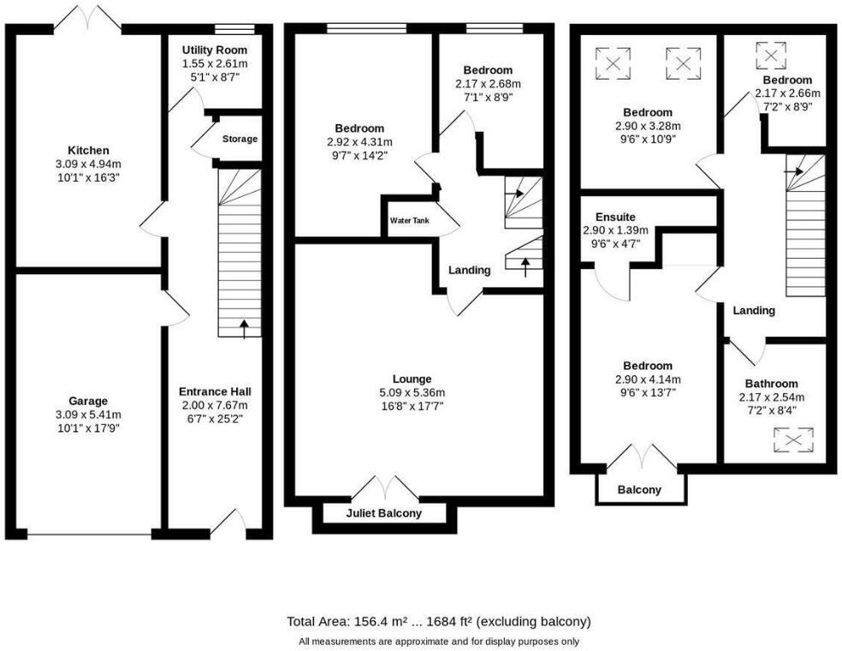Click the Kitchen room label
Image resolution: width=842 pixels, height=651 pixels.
coord(89,151)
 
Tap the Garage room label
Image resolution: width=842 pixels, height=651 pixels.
coord(89,401)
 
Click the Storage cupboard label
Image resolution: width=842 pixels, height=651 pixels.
coord(240,139)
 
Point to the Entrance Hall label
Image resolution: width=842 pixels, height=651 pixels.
coord(215,391)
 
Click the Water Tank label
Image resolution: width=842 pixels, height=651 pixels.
coord(410,221)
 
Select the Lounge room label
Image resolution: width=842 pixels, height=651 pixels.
coord(412,379)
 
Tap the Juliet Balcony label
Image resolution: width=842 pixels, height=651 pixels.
coord(384,514)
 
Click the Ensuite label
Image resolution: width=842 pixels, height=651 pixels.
coord(616,217)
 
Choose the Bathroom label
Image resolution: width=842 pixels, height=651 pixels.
coord(771,384)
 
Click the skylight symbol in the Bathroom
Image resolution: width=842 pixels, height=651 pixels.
coord(793,439)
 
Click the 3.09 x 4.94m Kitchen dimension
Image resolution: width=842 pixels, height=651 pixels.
coord(89,164)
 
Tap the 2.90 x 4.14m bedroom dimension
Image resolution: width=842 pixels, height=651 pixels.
coord(648,379)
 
